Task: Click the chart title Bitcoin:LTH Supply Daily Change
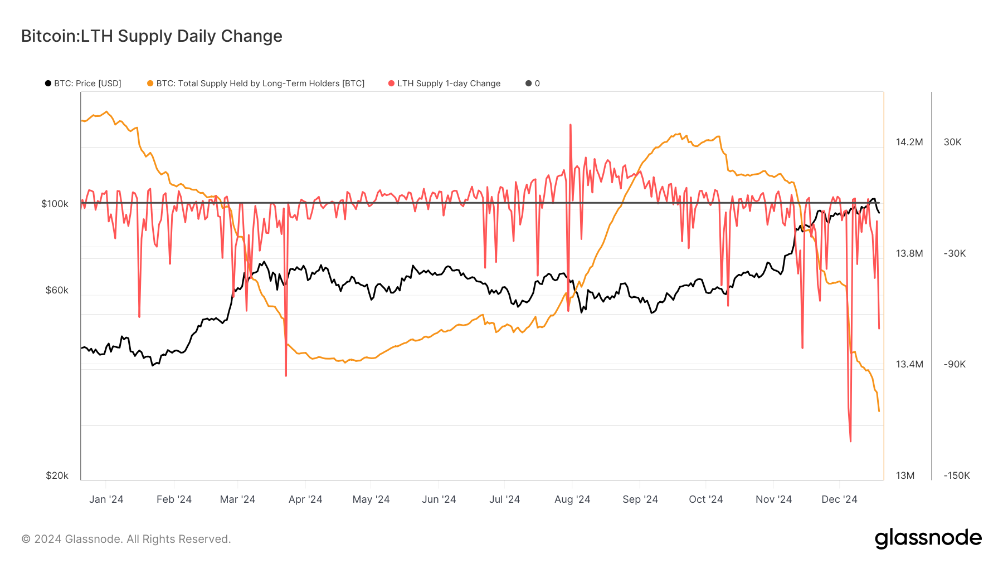click(152, 36)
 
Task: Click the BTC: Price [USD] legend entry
click(83, 84)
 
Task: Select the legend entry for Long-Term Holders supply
click(256, 84)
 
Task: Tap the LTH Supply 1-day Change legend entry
click(444, 84)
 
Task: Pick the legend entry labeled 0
click(533, 84)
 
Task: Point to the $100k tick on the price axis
click(55, 204)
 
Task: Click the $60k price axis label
click(57, 290)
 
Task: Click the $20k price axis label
click(57, 475)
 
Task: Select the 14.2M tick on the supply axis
click(909, 142)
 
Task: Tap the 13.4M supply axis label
click(909, 364)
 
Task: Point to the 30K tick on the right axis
click(952, 142)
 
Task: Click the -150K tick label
click(956, 475)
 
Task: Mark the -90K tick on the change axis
click(954, 364)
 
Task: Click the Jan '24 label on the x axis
click(106, 499)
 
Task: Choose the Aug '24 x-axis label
click(572, 499)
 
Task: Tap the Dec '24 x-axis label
click(839, 499)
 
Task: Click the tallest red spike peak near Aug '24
click(571, 125)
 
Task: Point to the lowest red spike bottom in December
click(850, 441)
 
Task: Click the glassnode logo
click(928, 538)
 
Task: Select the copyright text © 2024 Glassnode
click(126, 539)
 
